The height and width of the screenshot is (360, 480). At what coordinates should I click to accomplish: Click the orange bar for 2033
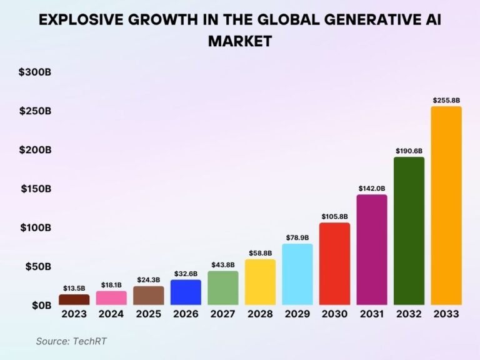446,206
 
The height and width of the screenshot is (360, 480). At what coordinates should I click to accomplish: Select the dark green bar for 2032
409,231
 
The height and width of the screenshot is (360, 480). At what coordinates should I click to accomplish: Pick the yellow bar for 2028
260,282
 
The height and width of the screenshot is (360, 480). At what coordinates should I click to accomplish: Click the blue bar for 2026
186,292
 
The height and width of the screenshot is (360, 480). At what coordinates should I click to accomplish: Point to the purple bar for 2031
372,249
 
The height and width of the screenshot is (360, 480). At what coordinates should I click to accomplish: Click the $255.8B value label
446,100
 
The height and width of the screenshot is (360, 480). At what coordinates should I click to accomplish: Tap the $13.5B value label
74,288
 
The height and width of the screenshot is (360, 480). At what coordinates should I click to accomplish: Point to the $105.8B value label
334,216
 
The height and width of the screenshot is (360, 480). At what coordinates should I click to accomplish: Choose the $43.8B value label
223,264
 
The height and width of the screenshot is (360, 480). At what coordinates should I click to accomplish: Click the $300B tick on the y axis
36,72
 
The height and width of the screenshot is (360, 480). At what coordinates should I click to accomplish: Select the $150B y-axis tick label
36,189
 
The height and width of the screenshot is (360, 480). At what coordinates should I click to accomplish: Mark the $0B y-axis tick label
41,305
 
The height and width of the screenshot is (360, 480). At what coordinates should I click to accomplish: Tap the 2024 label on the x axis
111,314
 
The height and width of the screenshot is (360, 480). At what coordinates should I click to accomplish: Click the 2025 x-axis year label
149,314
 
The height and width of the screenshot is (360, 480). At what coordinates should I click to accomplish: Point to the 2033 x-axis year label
446,314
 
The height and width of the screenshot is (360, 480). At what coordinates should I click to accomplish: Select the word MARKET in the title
240,41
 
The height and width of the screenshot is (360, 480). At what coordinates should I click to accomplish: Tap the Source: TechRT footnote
67,341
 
